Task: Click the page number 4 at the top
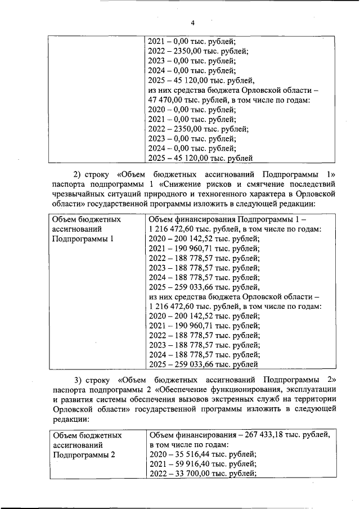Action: pos(192,23)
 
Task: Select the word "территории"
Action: pos(317,399)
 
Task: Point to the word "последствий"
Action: pos(310,183)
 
